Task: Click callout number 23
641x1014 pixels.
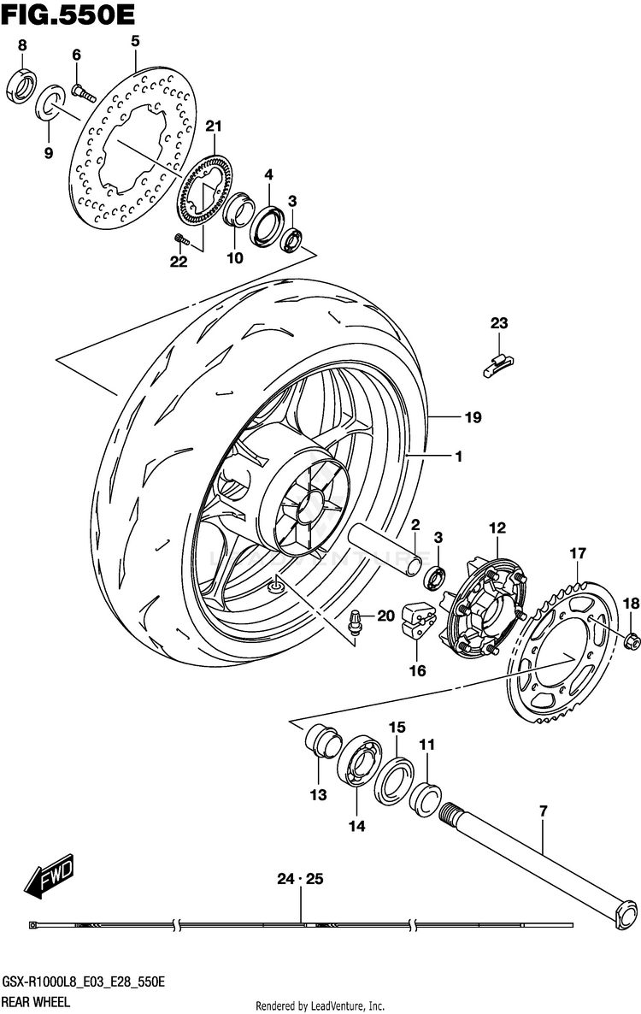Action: [499, 322]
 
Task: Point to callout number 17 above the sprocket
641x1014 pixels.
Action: [578, 553]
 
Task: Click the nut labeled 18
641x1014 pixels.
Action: [632, 641]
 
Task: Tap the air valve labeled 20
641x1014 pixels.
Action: [355, 621]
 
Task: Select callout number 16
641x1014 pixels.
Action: [417, 670]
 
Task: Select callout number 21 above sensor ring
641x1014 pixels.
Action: [214, 126]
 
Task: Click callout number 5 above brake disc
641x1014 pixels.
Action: [134, 41]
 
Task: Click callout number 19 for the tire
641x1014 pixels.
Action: [473, 417]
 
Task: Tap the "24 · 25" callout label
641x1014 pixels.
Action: [300, 879]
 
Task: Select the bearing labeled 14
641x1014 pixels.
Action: [359, 760]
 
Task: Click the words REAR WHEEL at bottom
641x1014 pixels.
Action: [36, 1002]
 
